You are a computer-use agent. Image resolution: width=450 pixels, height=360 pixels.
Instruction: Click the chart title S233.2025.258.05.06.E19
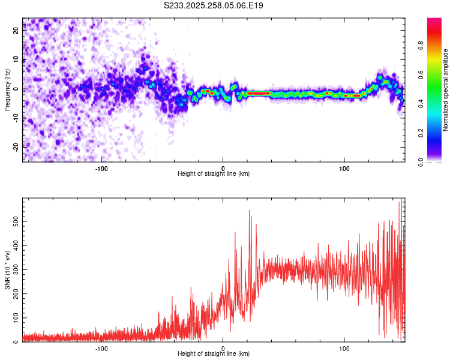(x=214, y=5)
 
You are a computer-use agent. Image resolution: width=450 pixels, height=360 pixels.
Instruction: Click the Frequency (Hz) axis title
(x=7, y=89)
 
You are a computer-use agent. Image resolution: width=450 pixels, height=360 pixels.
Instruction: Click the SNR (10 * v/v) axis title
(x=7, y=270)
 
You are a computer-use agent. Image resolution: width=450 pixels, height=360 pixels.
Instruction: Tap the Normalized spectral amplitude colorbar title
(x=446, y=90)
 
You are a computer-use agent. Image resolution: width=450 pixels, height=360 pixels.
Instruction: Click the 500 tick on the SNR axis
(x=16, y=222)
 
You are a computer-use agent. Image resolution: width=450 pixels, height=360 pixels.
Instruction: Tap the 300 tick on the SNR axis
(x=16, y=270)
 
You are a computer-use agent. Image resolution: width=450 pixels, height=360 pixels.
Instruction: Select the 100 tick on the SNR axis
(x=16, y=318)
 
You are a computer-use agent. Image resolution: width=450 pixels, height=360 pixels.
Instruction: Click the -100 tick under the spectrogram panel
(x=101, y=167)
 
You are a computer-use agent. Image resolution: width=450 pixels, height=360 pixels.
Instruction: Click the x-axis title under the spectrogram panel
(x=214, y=173)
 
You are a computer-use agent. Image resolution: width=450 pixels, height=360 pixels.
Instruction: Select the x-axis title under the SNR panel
(x=214, y=354)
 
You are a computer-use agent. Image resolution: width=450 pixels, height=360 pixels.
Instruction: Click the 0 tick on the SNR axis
(x=16, y=342)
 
